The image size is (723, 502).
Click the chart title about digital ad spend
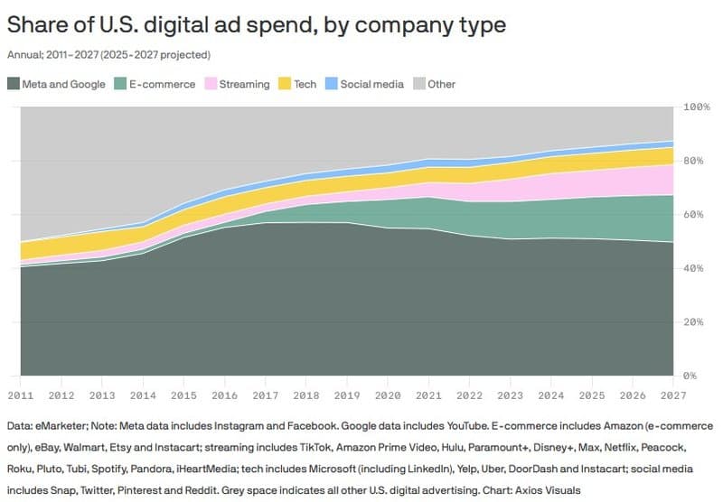tap(256, 25)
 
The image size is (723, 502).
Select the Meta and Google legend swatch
tap(13, 84)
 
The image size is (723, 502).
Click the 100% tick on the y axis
tap(697, 107)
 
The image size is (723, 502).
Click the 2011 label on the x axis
tap(21, 395)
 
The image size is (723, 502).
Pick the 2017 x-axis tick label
tap(266, 395)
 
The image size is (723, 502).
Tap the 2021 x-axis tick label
tap(429, 395)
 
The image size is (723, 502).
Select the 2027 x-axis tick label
tap(673, 395)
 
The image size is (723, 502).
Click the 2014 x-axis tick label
tap(143, 395)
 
